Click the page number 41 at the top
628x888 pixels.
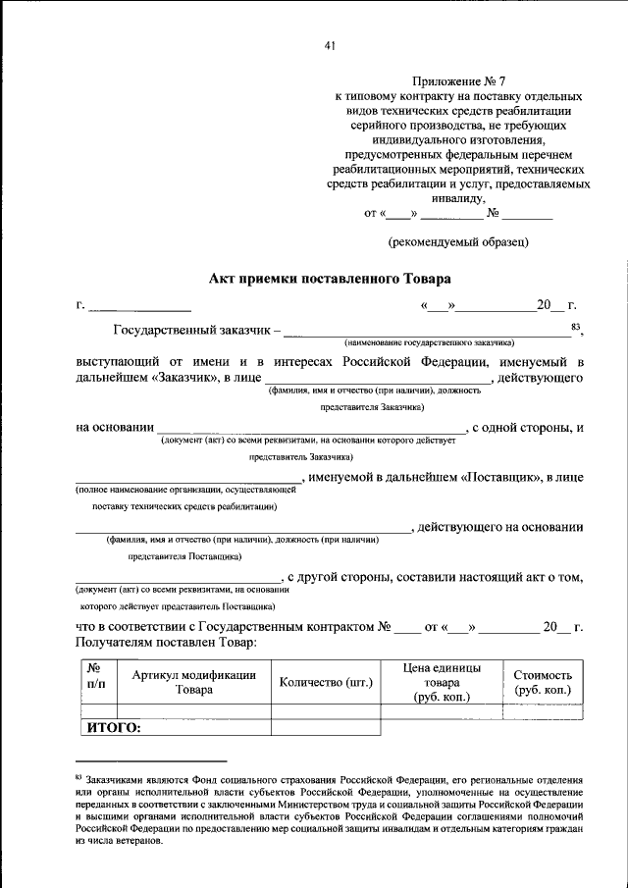[x=329, y=44]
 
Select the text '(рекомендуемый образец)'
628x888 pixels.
[x=458, y=240]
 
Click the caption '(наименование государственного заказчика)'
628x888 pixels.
[x=429, y=343]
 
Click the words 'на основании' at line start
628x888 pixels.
[x=114, y=427]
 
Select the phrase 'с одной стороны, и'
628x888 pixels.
[x=528, y=427]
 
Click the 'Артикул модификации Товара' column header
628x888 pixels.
[x=194, y=681]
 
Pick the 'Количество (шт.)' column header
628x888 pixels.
[x=325, y=682]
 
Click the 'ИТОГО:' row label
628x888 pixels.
[x=115, y=728]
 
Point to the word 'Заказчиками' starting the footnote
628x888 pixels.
[x=121, y=780]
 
